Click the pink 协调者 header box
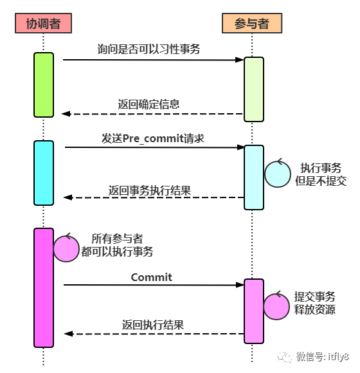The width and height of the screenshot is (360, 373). [43, 23]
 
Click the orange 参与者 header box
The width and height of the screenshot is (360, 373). [251, 23]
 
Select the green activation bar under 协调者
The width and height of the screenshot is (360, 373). [44, 85]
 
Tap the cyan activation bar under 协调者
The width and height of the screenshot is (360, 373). [44, 172]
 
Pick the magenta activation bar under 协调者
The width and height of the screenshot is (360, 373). [44, 287]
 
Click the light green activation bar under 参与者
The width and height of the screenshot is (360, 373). [254, 89]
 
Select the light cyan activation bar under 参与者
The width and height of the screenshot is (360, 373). [254, 177]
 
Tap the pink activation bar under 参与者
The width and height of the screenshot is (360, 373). [254, 311]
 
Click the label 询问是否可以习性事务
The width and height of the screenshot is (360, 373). [149, 49]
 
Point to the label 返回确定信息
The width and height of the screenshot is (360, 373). [148, 104]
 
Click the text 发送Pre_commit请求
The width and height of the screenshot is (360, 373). [153, 138]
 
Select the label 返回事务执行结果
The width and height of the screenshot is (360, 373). [149, 190]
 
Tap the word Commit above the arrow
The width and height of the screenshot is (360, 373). [152, 277]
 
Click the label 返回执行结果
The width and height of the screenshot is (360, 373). [153, 325]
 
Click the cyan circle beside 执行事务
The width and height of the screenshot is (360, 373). [278, 173]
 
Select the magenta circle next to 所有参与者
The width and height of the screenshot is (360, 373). [66, 248]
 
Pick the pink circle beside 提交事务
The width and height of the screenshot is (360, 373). [277, 306]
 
